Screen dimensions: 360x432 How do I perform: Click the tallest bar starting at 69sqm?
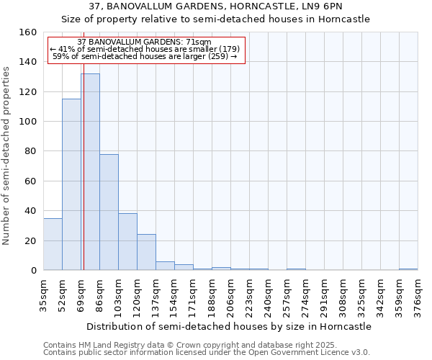(91, 173)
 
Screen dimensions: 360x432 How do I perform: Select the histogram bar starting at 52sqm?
(71, 184)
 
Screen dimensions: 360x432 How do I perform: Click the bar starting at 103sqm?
(127, 242)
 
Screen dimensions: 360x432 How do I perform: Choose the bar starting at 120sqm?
(146, 252)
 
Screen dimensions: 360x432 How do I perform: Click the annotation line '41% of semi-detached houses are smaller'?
(145, 49)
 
